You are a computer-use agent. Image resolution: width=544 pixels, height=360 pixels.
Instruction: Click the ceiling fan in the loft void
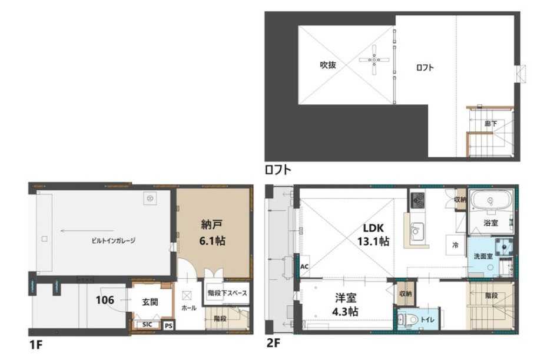pos(374,60)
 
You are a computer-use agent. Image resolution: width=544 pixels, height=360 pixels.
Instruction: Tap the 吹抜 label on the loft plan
pos(328,65)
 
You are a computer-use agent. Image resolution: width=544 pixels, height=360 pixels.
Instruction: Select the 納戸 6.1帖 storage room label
pos(213,232)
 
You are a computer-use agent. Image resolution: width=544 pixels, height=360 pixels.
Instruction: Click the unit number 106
pos(105,299)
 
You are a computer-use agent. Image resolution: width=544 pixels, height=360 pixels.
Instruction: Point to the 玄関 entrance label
pos(150,302)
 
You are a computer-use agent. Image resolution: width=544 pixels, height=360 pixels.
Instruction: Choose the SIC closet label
pos(147,325)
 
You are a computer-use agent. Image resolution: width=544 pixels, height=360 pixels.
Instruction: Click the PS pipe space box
pos(168,326)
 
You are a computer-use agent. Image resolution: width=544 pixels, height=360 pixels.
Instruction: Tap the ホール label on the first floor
pos(189,308)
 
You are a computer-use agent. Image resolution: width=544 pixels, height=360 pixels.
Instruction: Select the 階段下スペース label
pos(227,293)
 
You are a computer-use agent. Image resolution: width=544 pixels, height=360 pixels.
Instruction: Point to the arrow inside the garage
pos(87,230)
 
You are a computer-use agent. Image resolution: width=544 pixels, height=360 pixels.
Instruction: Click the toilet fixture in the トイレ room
pos(404,319)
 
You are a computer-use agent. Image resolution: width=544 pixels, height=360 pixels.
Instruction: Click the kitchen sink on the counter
pos(416,231)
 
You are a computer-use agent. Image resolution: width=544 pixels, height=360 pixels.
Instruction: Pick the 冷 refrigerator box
pos(455,245)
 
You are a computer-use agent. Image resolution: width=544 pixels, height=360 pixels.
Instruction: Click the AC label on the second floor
pos(304,267)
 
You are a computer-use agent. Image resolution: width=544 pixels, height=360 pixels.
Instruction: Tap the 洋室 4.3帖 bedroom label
pos(345,305)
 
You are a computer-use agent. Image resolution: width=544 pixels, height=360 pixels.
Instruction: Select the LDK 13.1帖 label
pos(373,235)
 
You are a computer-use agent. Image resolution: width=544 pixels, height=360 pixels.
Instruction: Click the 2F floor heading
pos(273,343)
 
